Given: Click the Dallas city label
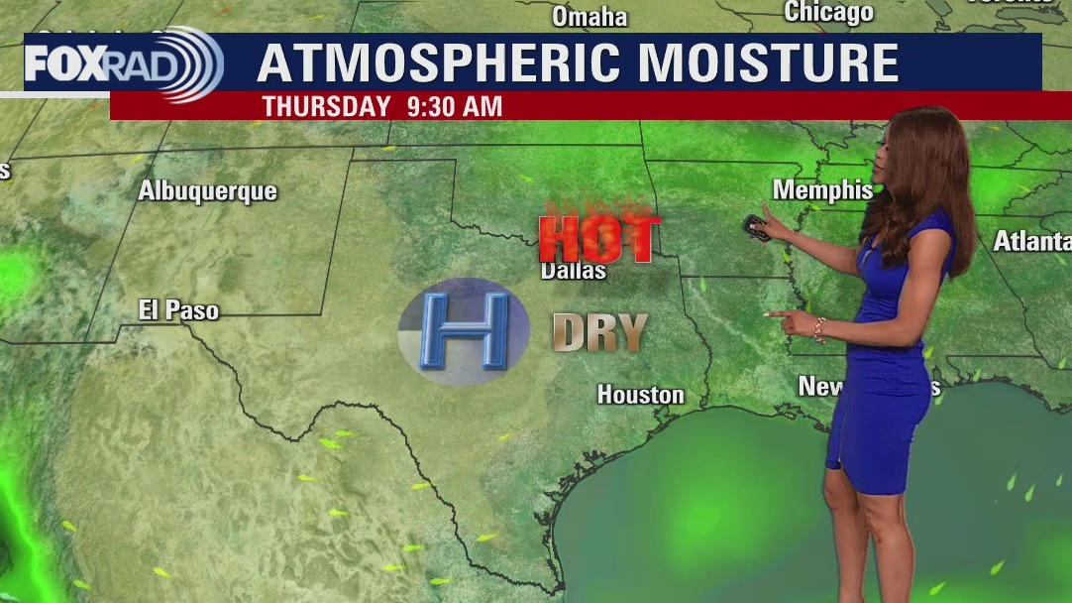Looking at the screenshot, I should [574, 270].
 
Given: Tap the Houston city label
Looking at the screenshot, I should [640, 395].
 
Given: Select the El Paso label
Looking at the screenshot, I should [178, 310].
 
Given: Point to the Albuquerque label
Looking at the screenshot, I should [207, 191].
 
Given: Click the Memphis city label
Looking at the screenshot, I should [822, 189].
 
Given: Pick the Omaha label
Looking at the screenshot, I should [590, 17].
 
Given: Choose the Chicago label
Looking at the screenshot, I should [828, 12].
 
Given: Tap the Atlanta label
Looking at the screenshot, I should [1031, 241].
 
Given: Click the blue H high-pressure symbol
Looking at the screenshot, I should [464, 331].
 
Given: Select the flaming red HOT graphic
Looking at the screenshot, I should [599, 237].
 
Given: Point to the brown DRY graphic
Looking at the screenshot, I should [599, 333].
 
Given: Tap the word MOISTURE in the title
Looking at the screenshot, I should [769, 63].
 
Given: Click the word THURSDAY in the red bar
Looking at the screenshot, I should [326, 106].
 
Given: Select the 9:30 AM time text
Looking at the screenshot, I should [454, 106].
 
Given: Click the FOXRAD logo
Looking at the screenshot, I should [123, 63].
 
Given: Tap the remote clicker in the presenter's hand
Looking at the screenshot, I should [756, 226].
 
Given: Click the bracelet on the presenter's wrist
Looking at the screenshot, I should [820, 330].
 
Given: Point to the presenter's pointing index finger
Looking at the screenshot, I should [773, 314].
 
